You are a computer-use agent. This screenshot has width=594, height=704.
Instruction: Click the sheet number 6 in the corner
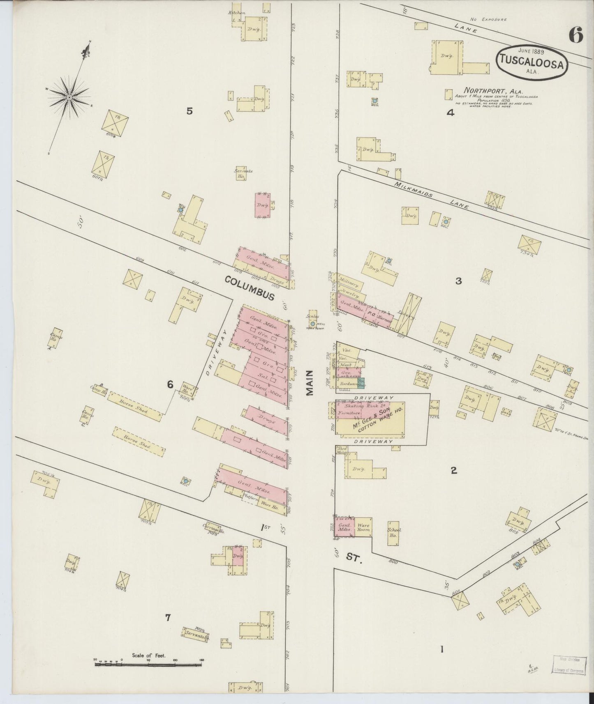click(x=576, y=36)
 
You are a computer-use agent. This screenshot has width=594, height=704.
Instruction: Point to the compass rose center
click(x=69, y=97)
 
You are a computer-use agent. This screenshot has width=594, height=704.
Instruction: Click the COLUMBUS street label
click(x=250, y=288)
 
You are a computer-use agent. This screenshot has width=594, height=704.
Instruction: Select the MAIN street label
click(x=310, y=382)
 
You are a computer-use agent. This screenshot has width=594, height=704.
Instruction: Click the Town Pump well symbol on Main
click(x=313, y=324)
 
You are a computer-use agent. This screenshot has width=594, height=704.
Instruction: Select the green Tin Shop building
click(x=361, y=382)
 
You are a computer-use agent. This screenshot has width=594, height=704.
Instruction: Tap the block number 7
click(x=167, y=617)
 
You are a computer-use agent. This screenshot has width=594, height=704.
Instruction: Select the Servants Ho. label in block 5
click(x=243, y=173)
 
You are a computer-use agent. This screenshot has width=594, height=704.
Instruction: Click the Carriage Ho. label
click(x=213, y=530)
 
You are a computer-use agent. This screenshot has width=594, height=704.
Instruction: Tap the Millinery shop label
click(x=349, y=284)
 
